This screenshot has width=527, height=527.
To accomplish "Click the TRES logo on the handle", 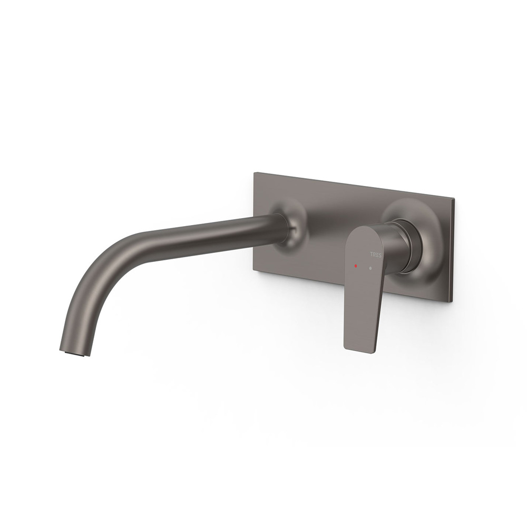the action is [x=375, y=255].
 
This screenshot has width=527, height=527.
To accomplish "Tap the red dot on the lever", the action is [x=356, y=266].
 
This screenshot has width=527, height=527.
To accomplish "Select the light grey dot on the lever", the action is [x=370, y=269].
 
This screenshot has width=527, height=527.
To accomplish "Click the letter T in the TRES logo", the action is [x=371, y=255].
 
